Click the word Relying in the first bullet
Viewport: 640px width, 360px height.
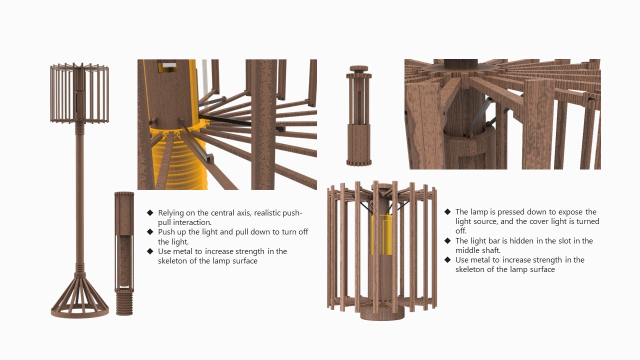[x=171, y=213]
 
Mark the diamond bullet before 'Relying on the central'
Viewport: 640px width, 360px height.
[x=150, y=213]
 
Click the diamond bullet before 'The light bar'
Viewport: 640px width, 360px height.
[x=447, y=241]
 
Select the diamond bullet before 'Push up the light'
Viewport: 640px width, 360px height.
[x=150, y=232]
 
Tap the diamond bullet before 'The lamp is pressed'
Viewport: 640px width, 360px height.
[x=447, y=212]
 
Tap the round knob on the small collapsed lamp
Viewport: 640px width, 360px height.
[x=358, y=68]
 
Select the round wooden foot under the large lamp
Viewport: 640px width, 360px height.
[x=382, y=313]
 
